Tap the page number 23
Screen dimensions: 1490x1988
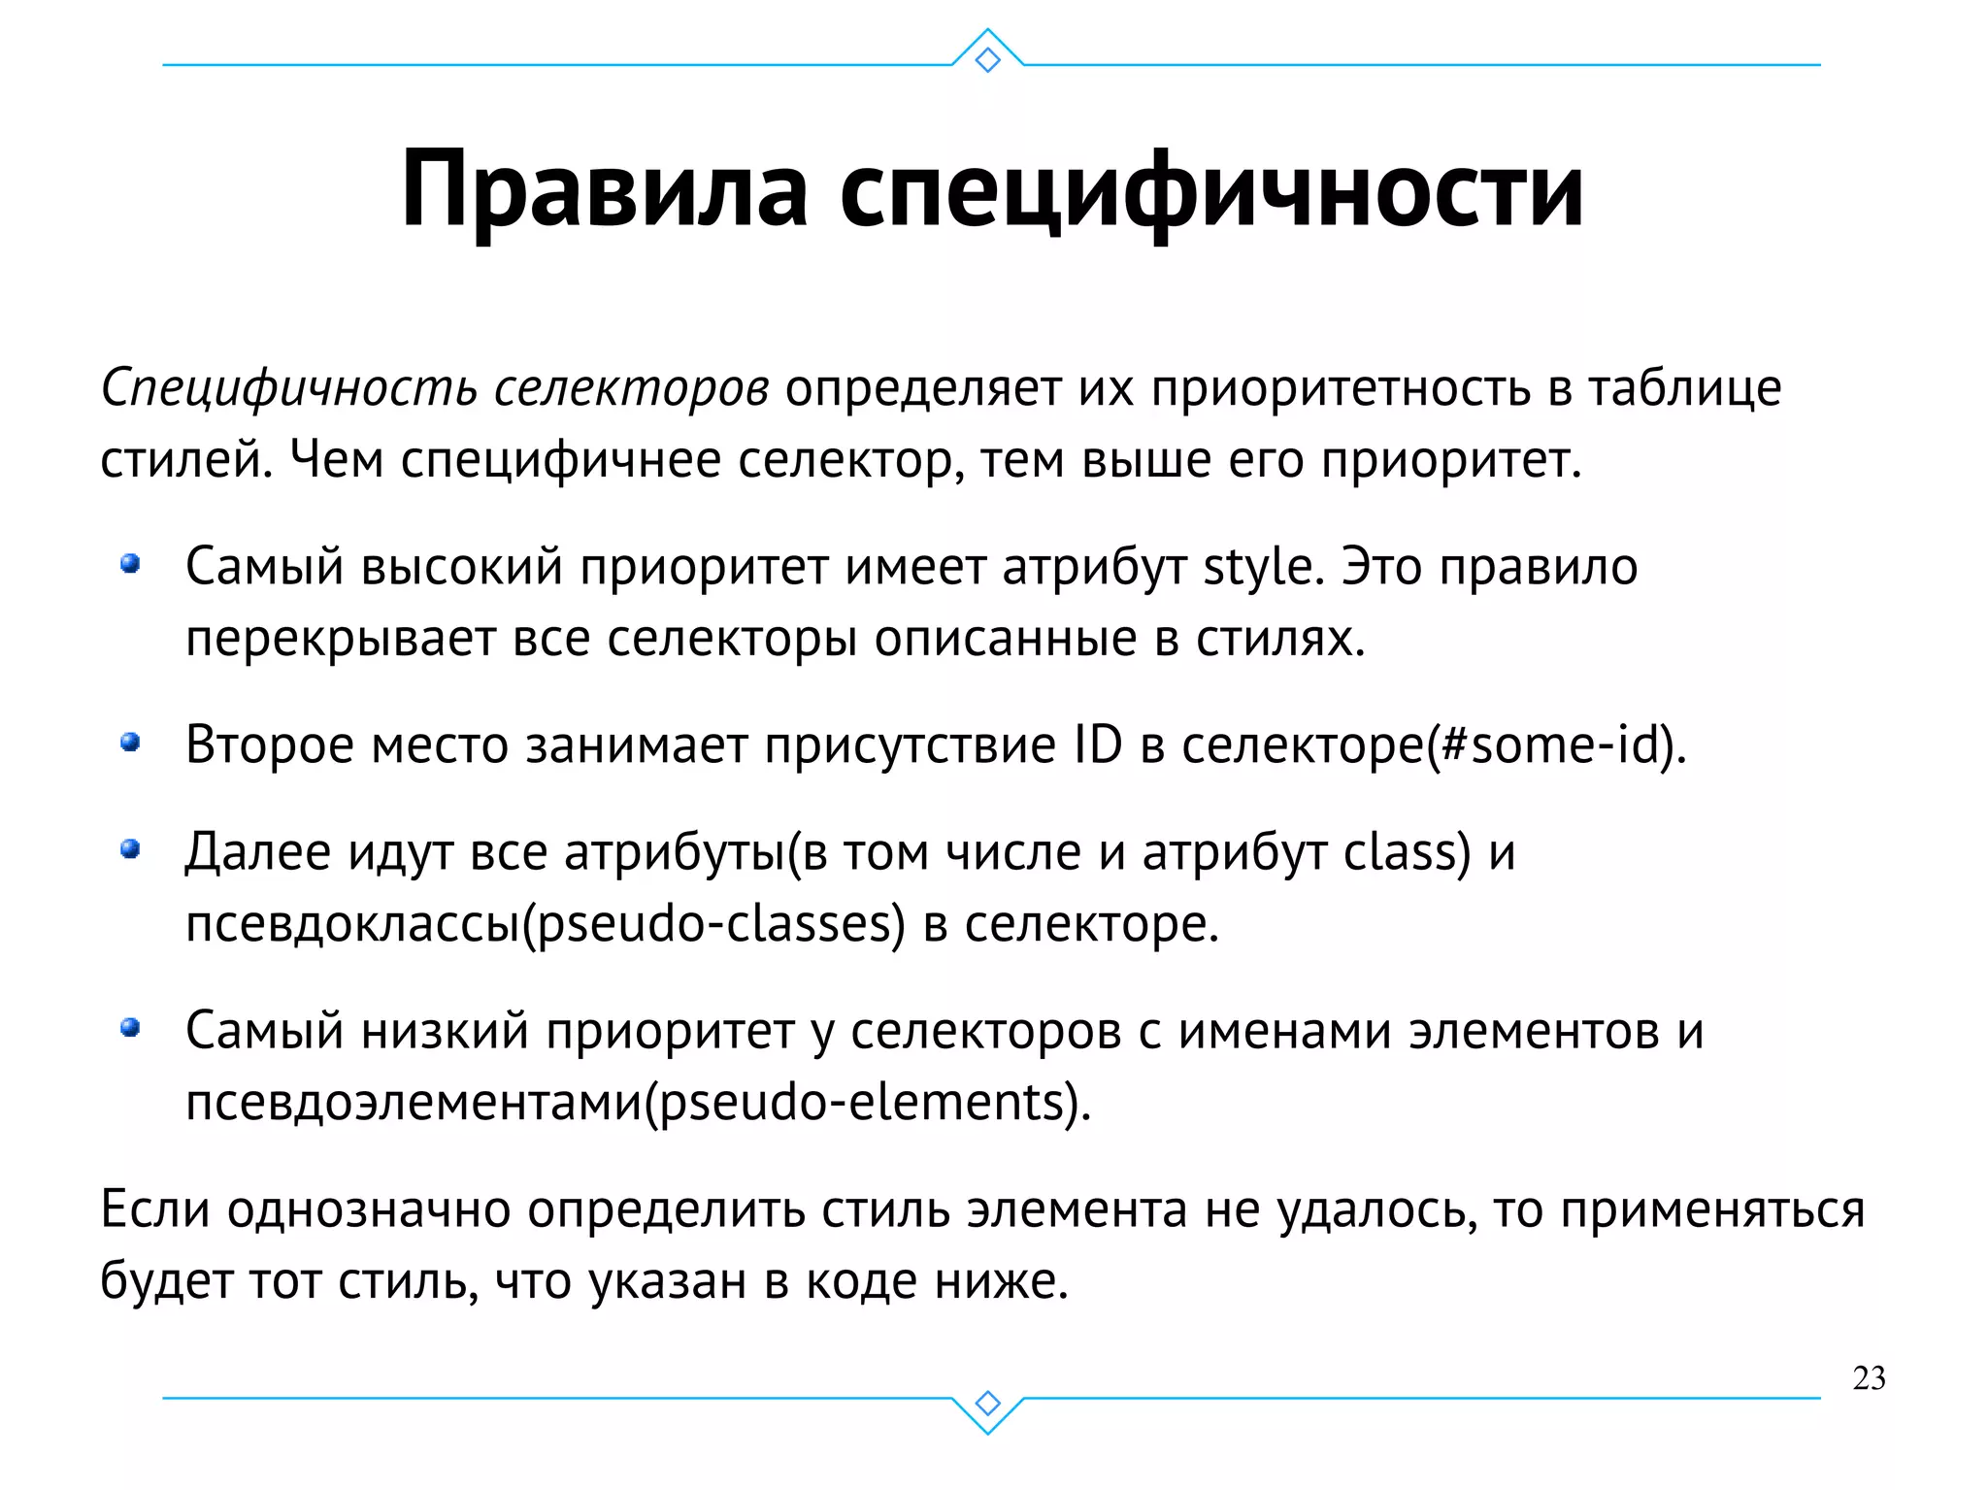point(1869,1378)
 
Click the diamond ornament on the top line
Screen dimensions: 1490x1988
point(987,60)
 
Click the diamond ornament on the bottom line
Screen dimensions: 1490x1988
point(987,1404)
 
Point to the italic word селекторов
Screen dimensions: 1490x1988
point(632,389)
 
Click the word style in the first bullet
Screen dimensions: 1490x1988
point(1257,567)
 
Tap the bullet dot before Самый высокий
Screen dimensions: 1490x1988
point(130,564)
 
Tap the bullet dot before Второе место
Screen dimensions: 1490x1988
point(130,744)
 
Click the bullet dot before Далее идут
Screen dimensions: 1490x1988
point(130,850)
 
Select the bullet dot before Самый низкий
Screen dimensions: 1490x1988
point(130,1028)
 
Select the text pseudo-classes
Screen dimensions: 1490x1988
point(713,924)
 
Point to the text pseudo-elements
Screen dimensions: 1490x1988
point(862,1103)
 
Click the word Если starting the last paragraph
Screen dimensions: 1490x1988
point(155,1210)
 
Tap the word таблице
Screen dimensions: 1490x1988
point(1684,389)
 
